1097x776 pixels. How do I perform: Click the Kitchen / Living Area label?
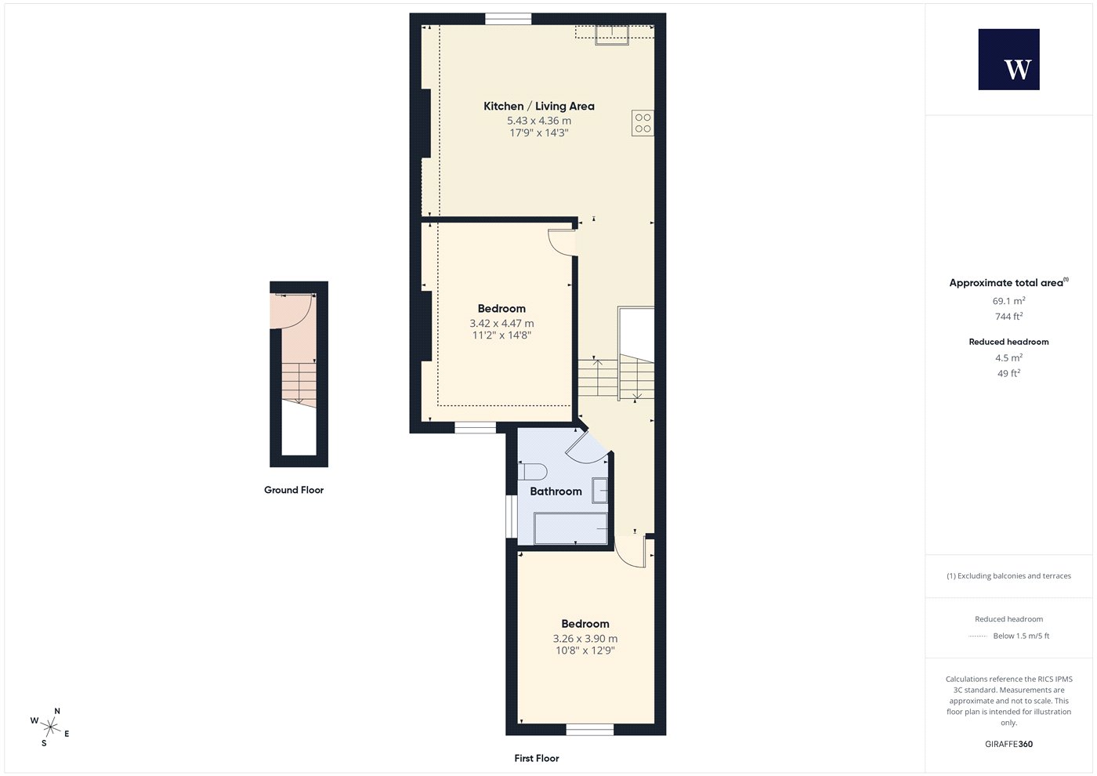click(x=539, y=106)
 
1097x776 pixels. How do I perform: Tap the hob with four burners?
click(x=643, y=123)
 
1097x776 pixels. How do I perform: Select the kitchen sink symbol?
click(x=612, y=34)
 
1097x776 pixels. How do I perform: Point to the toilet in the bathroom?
click(x=532, y=472)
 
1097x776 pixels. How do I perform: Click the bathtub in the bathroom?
click(x=570, y=528)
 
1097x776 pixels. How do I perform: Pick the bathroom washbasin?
click(x=600, y=491)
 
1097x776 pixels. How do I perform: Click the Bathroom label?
click(x=556, y=491)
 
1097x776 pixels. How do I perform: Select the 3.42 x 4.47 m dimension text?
click(x=501, y=323)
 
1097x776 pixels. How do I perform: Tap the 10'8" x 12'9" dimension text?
click(x=585, y=651)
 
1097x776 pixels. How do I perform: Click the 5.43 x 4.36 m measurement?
click(x=539, y=121)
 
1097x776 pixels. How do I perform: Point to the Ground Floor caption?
click(x=294, y=490)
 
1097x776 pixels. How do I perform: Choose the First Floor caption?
click(x=537, y=759)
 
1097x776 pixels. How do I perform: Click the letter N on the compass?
click(x=56, y=712)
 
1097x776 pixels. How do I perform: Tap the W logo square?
click(x=1009, y=60)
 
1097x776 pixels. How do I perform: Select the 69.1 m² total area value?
click(x=1009, y=301)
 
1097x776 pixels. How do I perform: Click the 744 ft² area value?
click(x=1009, y=317)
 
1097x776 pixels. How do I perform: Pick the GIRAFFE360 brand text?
click(x=1009, y=744)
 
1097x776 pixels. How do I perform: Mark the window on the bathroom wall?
click(x=512, y=517)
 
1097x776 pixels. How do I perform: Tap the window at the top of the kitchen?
click(x=509, y=19)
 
